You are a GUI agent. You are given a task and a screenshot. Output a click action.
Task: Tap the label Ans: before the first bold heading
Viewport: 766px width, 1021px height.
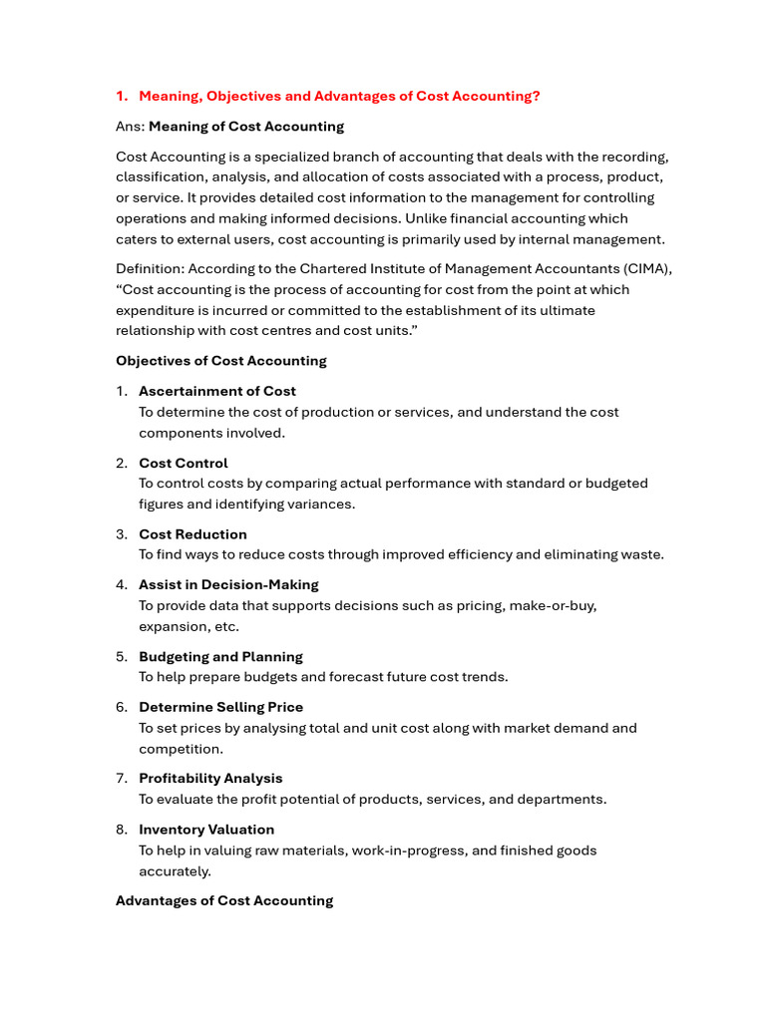(x=130, y=127)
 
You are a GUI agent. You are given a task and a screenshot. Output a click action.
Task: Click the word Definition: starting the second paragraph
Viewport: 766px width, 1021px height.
(x=150, y=269)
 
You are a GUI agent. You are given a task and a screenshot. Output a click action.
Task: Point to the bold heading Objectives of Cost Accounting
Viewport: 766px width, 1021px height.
(x=221, y=361)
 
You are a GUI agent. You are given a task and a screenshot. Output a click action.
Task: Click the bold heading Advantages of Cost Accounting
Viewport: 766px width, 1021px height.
(x=224, y=900)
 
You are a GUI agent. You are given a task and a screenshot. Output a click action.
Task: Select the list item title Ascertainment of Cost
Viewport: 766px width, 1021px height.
(x=217, y=391)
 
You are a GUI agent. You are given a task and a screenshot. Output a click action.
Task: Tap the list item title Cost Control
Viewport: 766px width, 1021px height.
(x=184, y=463)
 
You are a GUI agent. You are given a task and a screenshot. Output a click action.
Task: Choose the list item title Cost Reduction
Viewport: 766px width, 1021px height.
(x=192, y=534)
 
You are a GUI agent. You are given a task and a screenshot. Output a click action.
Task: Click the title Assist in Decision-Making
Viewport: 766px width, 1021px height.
(x=228, y=584)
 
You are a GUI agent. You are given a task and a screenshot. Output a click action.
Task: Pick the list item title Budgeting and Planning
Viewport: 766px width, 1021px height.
(x=220, y=656)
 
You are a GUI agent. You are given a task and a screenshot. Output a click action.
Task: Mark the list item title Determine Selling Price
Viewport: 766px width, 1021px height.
(x=220, y=707)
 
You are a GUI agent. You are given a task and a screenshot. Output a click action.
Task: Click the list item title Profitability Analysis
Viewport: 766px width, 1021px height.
(x=210, y=778)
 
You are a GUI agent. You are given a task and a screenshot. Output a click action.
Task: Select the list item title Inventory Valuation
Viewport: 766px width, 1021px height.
(x=206, y=829)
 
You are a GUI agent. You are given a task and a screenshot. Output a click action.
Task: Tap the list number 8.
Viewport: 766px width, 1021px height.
(x=121, y=829)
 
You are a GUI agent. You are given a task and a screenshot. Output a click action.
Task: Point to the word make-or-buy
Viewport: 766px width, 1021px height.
(x=554, y=605)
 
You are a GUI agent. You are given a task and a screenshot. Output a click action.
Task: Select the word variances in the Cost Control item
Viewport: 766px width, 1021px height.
(x=319, y=504)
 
